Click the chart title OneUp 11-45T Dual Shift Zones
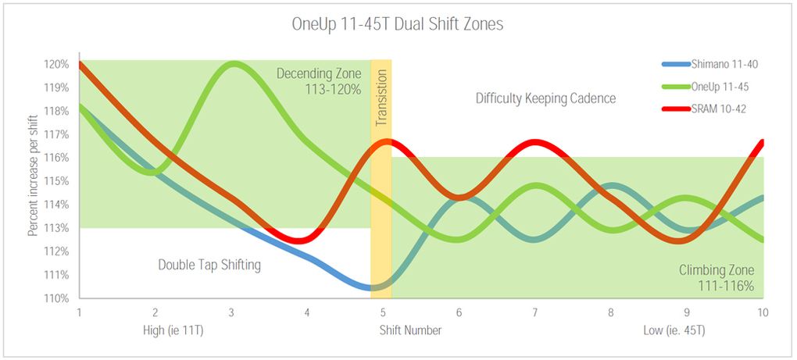398,24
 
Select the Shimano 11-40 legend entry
722,63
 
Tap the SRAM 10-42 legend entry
718,109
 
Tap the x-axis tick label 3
231,312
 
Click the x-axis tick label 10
763,312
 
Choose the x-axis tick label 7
535,312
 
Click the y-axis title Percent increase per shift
33,181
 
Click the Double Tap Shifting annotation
209,265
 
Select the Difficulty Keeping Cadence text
545,98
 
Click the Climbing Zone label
716,270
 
